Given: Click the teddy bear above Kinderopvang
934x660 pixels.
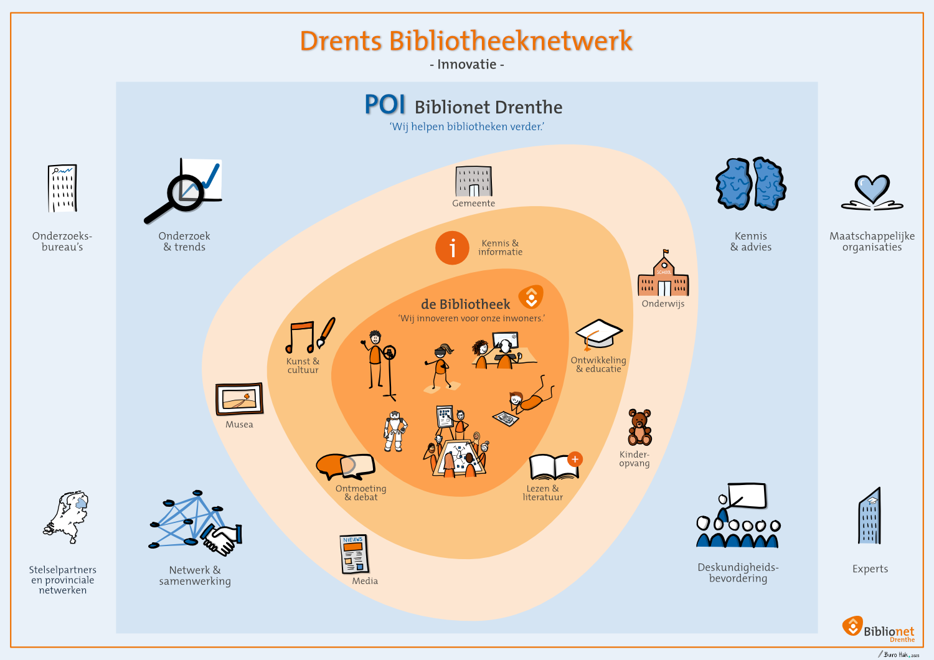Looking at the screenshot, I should (639, 427).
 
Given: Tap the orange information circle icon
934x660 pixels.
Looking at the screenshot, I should (452, 248).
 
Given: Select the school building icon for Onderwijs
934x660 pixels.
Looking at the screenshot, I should (664, 275).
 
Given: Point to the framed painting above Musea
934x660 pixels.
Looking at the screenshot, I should (239, 399).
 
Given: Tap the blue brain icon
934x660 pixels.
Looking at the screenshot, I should (751, 184).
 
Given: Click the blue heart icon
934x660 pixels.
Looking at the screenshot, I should (872, 189).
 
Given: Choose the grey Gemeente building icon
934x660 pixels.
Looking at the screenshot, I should (474, 182).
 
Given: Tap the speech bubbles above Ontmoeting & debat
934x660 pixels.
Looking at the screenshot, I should (345, 466).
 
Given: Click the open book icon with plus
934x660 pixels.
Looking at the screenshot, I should (554, 466).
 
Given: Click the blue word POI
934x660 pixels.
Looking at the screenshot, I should (385, 105).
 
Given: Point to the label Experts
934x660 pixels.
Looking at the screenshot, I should (870, 568).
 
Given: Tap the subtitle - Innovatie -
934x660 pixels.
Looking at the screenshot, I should (467, 64).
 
